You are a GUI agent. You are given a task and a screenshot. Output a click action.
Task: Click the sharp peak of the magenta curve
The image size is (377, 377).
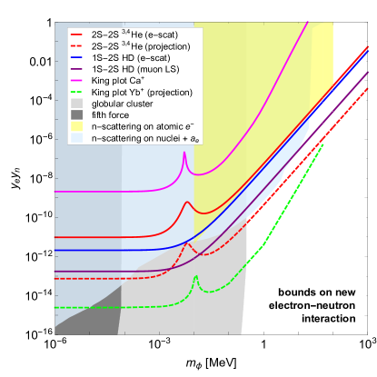184,153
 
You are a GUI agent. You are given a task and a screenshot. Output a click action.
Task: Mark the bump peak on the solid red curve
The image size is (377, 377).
187,202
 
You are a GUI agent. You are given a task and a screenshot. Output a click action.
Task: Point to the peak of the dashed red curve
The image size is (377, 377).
189,243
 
